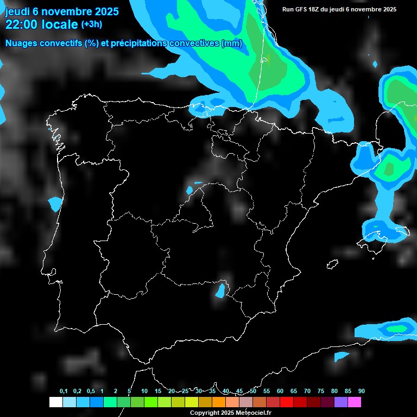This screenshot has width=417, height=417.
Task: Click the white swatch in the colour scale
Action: coord(55,402)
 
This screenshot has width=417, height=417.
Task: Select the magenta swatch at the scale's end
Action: coord(355,402)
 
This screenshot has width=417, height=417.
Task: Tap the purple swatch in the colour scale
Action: coord(341,402)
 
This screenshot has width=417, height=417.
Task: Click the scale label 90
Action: coord(361,391)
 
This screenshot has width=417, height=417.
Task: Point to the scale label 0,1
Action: coord(64,391)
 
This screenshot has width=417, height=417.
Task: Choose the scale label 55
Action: coord(266,391)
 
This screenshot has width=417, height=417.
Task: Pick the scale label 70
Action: coord(307,391)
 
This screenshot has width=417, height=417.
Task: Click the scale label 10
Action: coord(144,391)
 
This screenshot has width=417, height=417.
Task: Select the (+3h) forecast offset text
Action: coord(91,24)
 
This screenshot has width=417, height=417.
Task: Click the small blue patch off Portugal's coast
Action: coord(55,204)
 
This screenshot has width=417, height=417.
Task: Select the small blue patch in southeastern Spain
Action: coord(220,290)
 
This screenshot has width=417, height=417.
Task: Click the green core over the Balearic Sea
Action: coord(389,169)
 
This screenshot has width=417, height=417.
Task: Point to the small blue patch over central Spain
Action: coord(189,190)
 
